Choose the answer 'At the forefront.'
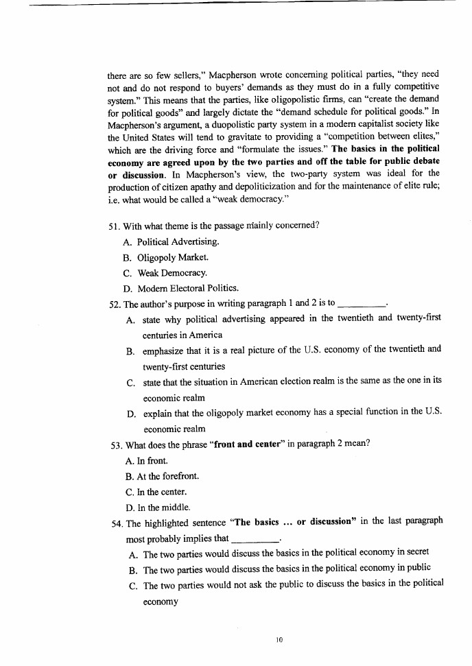point(162,475)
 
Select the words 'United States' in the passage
point(150,137)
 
